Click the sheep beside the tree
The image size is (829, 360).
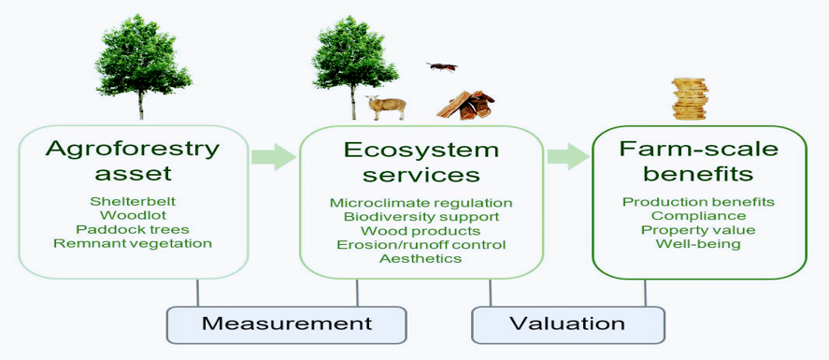[x=387, y=107]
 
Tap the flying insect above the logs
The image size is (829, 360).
[x=442, y=66]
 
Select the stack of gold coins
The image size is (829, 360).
[x=689, y=99]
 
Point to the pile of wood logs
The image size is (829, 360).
[x=465, y=105]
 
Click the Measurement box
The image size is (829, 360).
[x=287, y=324]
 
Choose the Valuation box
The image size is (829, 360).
[x=568, y=324]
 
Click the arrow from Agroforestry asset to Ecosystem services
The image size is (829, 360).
[x=273, y=157]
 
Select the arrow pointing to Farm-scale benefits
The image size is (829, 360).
[x=568, y=157]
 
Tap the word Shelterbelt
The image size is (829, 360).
[x=133, y=202]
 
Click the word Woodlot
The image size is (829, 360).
[x=133, y=216]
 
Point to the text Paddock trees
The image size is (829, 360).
[x=133, y=230]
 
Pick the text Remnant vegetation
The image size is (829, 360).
[x=133, y=244]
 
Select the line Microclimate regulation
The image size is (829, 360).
[x=421, y=203]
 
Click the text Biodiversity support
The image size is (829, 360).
[x=421, y=217]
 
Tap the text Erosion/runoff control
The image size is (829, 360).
[x=421, y=245]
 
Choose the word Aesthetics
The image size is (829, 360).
[x=421, y=258]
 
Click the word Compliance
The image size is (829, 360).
[x=698, y=216]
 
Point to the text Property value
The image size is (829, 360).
[x=698, y=230]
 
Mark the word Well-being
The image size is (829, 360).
[x=698, y=244]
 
